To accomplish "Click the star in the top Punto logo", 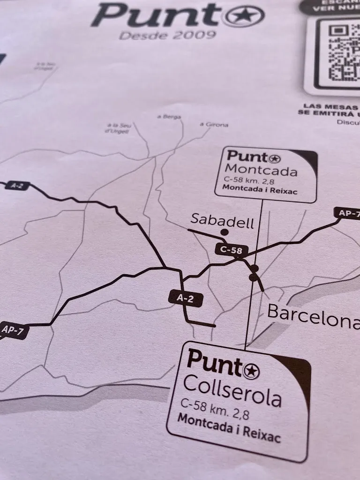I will [245, 16].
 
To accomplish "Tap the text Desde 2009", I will [167, 36].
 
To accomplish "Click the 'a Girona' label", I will [214, 124].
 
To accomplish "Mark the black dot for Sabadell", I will [225, 232].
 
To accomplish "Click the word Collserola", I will [232, 393].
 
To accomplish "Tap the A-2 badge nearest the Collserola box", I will [186, 298].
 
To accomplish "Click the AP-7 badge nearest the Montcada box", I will [348, 213].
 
